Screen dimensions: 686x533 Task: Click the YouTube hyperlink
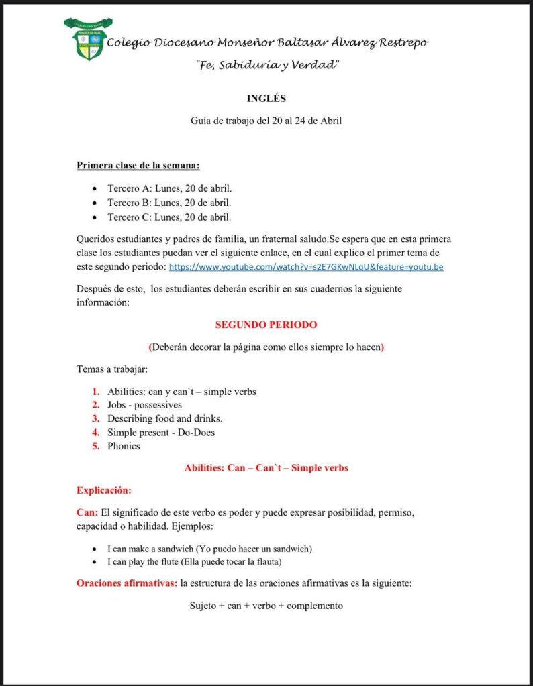[305, 267]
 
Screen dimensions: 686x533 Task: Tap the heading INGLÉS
[266, 98]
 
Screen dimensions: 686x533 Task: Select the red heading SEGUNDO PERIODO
[266, 325]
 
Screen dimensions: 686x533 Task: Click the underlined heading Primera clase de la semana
[138, 165]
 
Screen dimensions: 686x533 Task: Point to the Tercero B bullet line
[169, 203]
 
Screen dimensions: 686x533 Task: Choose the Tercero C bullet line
[169, 217]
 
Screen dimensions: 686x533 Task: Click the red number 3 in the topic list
[96, 418]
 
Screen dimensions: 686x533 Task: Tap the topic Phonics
[124, 446]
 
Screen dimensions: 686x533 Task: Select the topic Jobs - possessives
[144, 405]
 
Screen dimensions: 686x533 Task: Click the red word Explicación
[103, 490]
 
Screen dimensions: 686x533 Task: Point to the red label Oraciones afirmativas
[127, 583]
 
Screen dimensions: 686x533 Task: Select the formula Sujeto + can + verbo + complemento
[266, 606]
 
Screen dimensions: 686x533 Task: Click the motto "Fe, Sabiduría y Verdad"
[266, 65]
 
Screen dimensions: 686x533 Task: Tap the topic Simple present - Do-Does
[161, 433]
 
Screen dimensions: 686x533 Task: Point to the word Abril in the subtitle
[328, 121]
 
